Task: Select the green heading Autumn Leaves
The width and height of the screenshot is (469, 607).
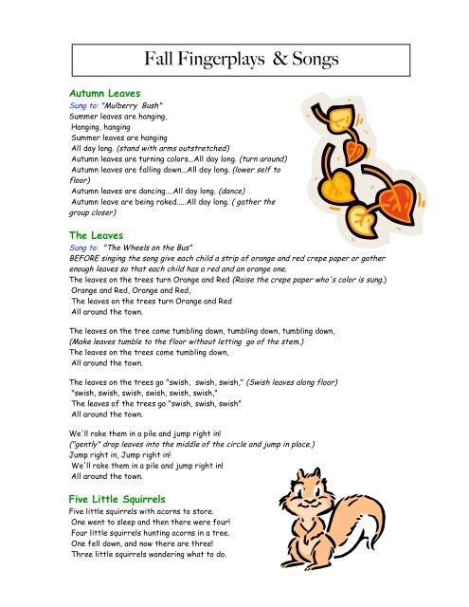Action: [105, 96]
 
